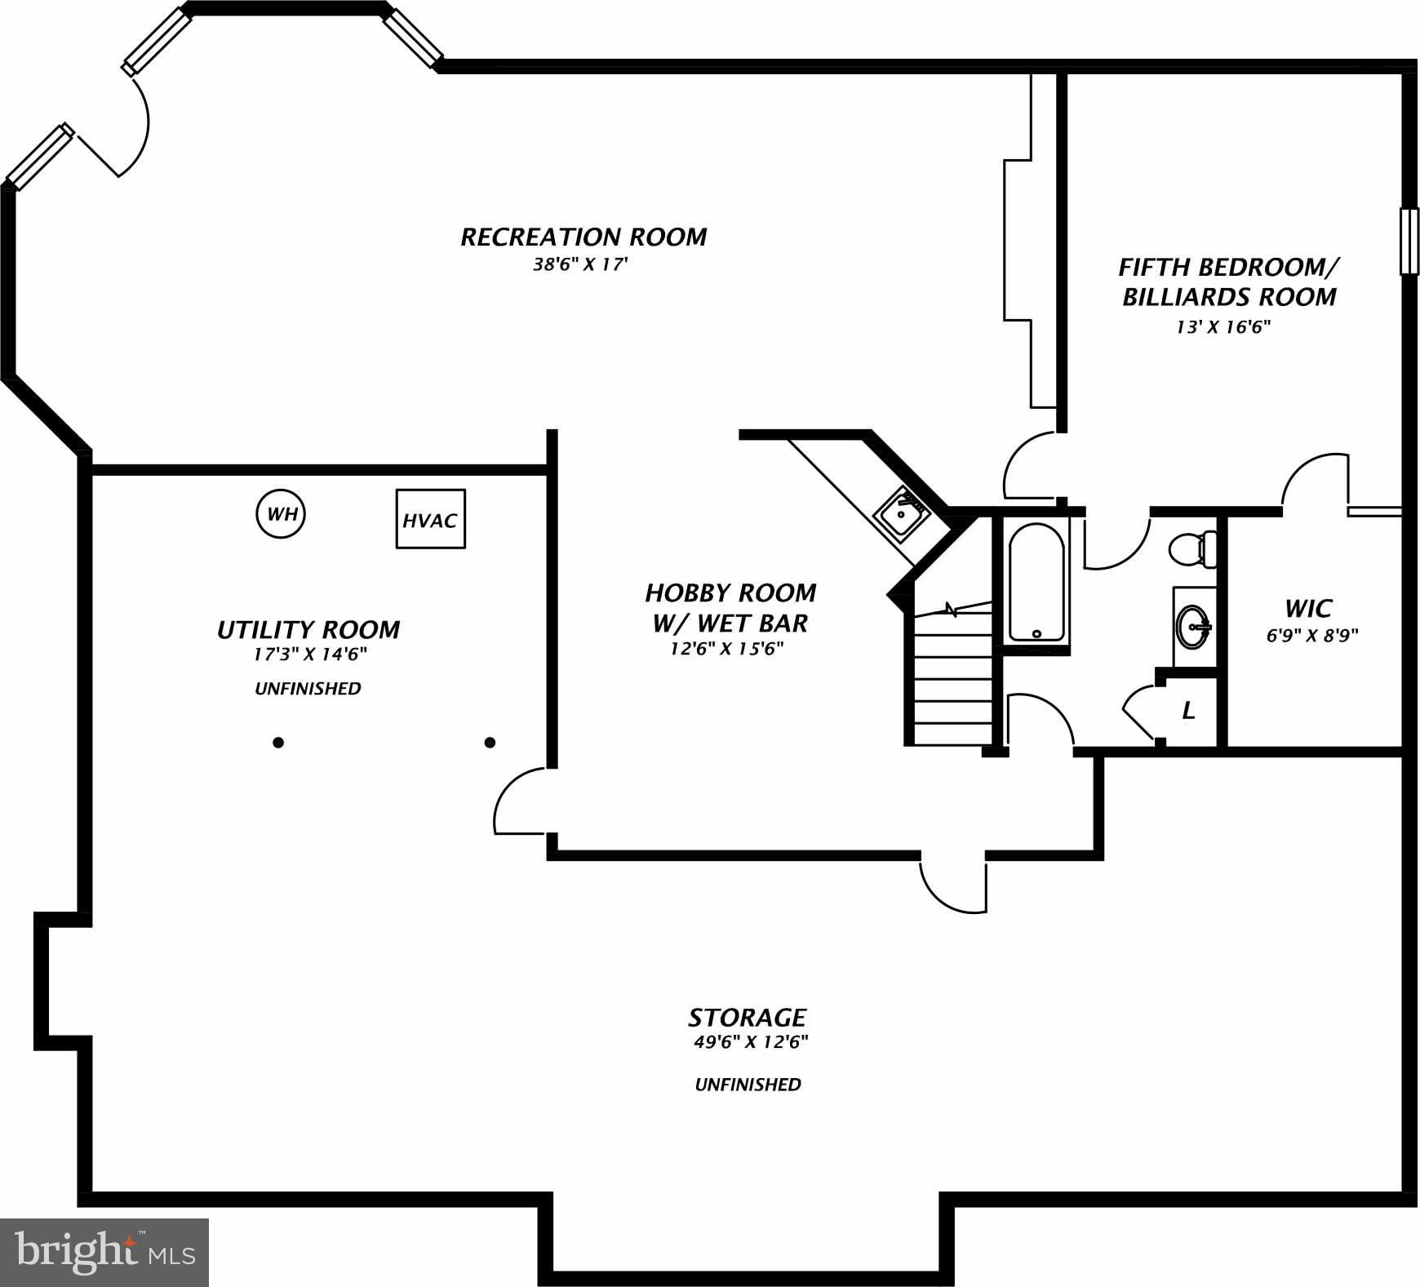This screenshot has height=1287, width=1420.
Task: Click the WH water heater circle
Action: [x=282, y=514]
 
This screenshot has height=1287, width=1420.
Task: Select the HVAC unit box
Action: [x=430, y=519]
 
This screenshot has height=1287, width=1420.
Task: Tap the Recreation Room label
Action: [x=584, y=237]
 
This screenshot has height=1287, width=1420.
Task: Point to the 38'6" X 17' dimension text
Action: [x=580, y=264]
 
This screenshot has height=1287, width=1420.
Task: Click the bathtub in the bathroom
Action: [x=1036, y=582]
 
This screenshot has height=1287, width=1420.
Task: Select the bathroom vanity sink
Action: [x=1194, y=627]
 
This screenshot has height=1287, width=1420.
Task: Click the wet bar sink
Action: [x=902, y=513]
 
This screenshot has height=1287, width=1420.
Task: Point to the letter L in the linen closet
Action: [x=1188, y=711]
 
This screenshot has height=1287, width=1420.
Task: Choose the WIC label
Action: [x=1307, y=608]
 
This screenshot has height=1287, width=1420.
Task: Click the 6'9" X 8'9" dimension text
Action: [x=1311, y=636]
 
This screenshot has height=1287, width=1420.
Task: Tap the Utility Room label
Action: [x=308, y=629]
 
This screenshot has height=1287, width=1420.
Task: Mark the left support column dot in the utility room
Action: [x=278, y=743]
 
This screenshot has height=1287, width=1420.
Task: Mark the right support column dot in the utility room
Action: [x=490, y=743]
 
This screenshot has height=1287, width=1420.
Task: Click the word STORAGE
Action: [x=747, y=1017]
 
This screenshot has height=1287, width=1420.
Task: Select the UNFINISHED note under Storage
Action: [x=748, y=1085]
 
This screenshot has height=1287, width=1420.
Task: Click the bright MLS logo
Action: [x=104, y=1251]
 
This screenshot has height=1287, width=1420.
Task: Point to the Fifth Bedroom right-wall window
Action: [x=1409, y=242]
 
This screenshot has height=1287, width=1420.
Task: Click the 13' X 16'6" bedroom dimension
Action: [x=1223, y=327]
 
